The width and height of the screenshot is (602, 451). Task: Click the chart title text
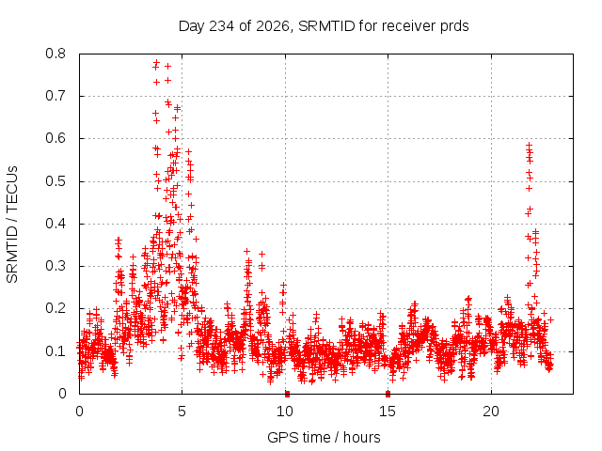[324, 26]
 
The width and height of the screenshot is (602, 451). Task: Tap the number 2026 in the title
[273, 26]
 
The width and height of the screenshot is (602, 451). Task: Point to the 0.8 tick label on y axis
[55, 54]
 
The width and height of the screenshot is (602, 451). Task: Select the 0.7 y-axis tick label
[55, 96]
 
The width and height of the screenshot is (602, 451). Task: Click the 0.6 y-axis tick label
[55, 138]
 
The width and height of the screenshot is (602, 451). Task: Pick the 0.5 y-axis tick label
[55, 181]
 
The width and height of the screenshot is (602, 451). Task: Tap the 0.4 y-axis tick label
[55, 224]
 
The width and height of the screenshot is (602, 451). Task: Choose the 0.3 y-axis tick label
[55, 266]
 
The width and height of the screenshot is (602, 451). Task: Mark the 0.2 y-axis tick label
[55, 309]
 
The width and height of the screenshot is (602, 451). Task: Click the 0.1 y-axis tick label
[55, 351]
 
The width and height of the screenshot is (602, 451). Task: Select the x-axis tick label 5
[182, 412]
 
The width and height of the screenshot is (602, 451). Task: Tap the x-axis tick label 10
[285, 412]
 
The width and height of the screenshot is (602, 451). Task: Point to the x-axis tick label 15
[388, 412]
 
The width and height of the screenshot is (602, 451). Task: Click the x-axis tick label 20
[491, 412]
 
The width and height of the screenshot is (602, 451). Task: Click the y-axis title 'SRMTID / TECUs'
[12, 225]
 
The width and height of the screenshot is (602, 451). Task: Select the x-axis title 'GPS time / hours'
[324, 438]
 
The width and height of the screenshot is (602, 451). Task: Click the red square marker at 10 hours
[287, 394]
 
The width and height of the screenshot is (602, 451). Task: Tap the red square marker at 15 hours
[388, 394]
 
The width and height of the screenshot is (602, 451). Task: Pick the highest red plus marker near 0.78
[157, 62]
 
